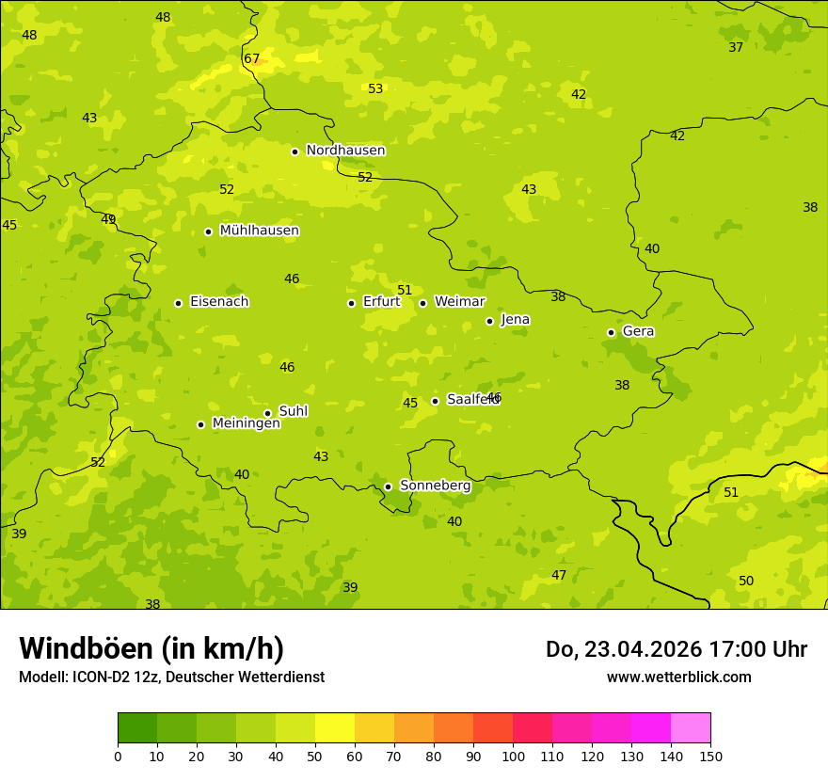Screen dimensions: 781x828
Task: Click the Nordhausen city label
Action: (345, 151)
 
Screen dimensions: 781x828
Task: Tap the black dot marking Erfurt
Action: (351, 303)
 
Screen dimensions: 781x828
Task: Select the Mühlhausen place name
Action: (259, 231)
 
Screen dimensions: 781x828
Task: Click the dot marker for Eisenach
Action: (178, 303)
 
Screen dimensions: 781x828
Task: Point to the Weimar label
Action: (459, 302)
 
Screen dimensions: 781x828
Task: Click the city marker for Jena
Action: (489, 321)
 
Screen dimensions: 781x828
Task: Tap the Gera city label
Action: (638, 331)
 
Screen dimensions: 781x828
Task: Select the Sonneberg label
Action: (435, 486)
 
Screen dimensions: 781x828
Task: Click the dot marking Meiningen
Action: (200, 424)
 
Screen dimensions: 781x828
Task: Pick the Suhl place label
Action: (293, 411)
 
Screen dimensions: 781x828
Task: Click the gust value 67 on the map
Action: (251, 58)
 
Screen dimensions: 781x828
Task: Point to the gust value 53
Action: (375, 88)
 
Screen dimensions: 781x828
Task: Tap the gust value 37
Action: (736, 47)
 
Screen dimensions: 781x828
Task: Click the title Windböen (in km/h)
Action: (151, 648)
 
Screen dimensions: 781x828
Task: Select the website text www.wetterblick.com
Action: (678, 677)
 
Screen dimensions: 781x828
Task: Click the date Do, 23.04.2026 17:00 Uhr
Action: (676, 649)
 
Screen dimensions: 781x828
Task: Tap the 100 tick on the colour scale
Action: (513, 756)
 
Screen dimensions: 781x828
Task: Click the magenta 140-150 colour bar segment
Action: (691, 728)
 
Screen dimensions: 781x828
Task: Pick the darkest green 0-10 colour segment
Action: (137, 728)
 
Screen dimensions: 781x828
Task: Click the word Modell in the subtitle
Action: (42, 677)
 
